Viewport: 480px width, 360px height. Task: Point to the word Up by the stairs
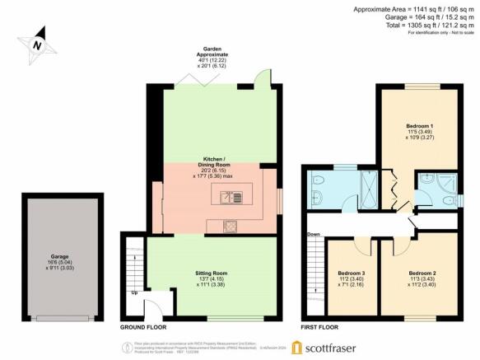[135, 292]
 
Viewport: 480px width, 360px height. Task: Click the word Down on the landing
[314, 234]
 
